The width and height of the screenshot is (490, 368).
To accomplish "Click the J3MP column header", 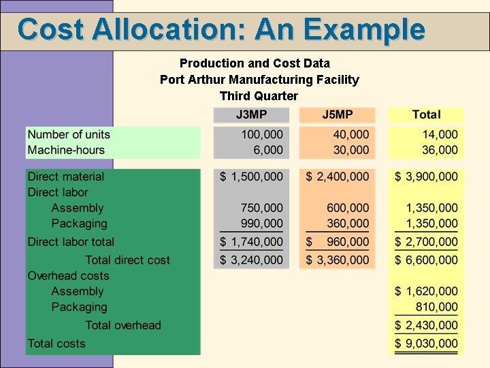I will [251, 114].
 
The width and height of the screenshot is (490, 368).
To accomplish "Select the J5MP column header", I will [338, 114].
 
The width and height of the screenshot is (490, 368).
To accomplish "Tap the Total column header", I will [426, 114].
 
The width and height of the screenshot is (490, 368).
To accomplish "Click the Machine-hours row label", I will [66, 150].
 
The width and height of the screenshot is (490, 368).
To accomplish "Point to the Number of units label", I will [69, 134].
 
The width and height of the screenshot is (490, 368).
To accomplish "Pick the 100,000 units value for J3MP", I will [262, 134].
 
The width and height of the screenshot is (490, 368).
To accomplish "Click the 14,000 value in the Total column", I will [440, 134].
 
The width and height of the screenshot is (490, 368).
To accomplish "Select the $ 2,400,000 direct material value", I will [338, 177].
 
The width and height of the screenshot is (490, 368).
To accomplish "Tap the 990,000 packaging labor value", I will [262, 224].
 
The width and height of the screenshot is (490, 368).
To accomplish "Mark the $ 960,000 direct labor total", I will [338, 242].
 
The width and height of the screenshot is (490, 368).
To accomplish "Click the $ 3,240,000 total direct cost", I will [251, 260].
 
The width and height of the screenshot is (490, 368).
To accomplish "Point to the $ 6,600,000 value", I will [426, 260].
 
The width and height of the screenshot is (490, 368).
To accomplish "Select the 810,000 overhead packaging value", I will [436, 307].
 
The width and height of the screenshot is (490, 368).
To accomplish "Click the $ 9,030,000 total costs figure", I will [426, 344].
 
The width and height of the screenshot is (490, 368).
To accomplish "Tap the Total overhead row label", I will [123, 325].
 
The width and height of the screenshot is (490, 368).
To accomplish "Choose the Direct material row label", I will [66, 177].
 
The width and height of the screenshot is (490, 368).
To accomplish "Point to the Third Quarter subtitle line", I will [259, 96].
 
